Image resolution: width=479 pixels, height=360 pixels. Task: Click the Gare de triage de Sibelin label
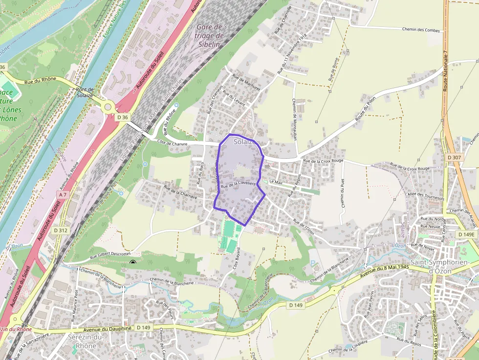pos(209,36)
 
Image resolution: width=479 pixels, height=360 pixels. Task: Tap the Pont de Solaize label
pos(85,92)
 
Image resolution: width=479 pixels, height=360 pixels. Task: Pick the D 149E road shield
pos(466,234)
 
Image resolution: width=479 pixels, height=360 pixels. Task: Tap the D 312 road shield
pos(61,230)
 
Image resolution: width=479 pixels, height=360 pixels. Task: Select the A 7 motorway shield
pos(62,194)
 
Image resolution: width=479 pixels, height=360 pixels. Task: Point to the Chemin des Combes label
pos(421,30)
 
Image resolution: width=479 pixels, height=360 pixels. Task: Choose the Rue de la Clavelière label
pos(239,184)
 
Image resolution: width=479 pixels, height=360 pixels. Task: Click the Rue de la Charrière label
pos(180,192)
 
